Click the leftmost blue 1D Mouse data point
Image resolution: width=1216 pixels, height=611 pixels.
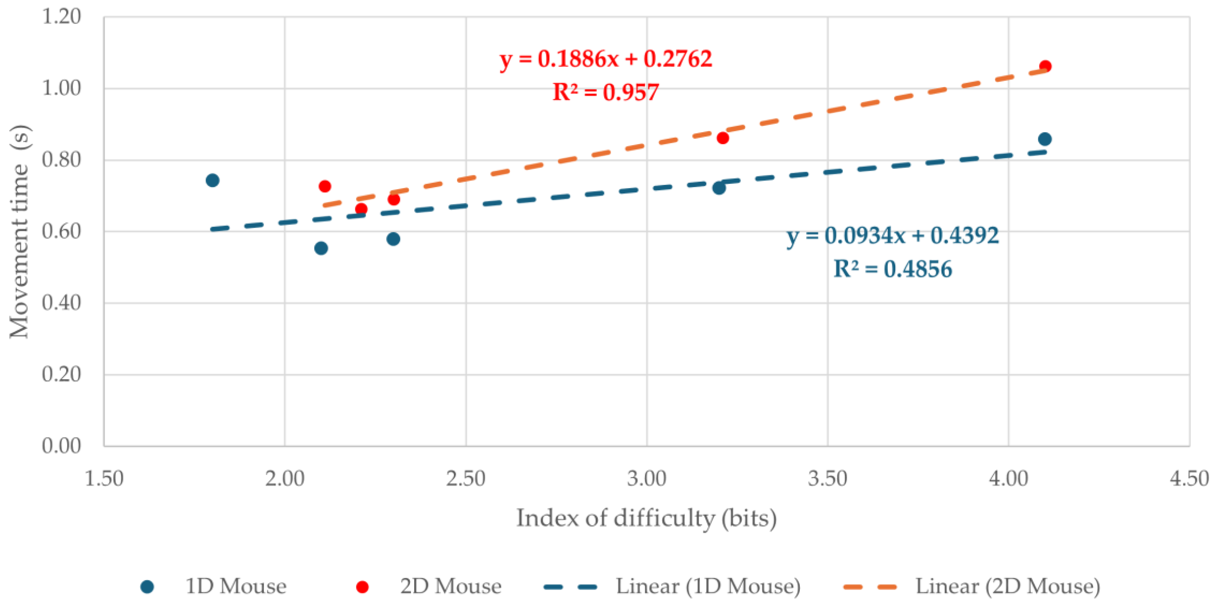(x=212, y=180)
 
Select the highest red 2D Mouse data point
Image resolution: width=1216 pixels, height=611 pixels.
(x=1045, y=66)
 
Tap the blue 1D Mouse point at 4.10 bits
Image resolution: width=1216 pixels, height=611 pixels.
(x=1045, y=139)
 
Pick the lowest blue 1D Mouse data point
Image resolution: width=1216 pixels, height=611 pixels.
(x=321, y=248)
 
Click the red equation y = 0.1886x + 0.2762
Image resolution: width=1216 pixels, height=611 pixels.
(x=606, y=59)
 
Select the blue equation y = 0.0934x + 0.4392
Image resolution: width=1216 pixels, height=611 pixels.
(x=893, y=236)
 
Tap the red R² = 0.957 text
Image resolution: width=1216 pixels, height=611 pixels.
(x=605, y=92)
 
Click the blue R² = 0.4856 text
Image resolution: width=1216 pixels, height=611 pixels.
(x=893, y=269)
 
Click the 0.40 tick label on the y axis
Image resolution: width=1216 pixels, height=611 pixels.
(x=62, y=303)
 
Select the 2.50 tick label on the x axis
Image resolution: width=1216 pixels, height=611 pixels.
(x=466, y=479)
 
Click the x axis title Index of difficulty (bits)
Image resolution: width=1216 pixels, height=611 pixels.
(x=646, y=518)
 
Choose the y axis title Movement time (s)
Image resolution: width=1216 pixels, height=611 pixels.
(x=20, y=231)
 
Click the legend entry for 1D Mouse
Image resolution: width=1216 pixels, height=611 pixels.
(x=214, y=586)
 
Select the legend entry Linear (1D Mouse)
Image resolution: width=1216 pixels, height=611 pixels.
(x=672, y=586)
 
